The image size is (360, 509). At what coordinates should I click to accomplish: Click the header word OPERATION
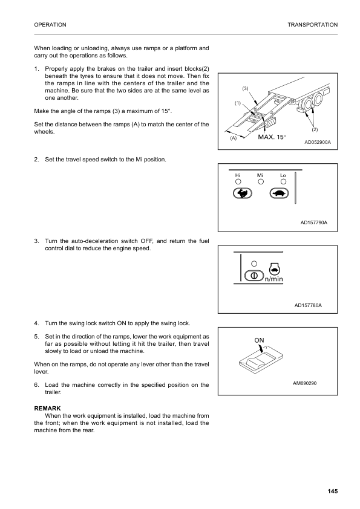(50, 24)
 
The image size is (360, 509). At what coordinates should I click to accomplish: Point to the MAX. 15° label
(272, 137)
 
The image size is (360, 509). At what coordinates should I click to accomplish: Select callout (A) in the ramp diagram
(232, 138)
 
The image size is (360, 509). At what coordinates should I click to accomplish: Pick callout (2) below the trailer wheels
(315, 129)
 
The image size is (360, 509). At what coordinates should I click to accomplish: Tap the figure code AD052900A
(321, 143)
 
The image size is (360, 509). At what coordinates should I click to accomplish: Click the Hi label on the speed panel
(238, 175)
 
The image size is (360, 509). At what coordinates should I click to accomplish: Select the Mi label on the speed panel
(260, 175)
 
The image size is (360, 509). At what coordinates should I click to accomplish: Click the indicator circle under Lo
(283, 181)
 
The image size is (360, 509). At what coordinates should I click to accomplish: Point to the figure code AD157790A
(314, 222)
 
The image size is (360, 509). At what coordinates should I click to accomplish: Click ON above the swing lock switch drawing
(259, 340)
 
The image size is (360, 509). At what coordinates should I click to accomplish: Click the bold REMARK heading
(48, 409)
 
